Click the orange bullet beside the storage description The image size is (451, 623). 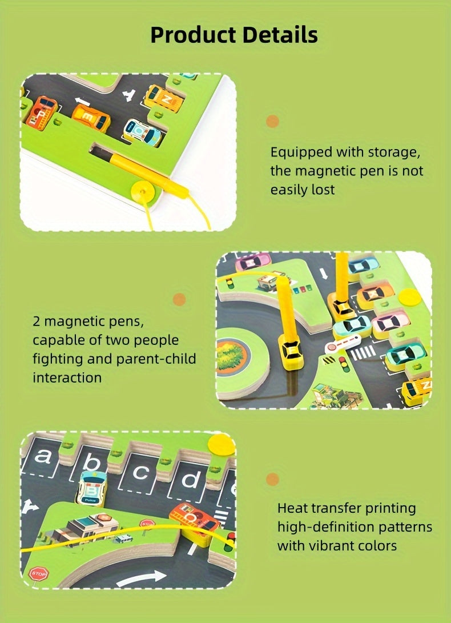point(272,121)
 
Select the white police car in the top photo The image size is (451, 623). point(143,132)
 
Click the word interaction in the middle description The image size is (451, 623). point(67,377)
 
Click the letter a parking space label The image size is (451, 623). point(43,456)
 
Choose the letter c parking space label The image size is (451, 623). point(142,472)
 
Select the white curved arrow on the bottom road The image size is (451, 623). point(140,578)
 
